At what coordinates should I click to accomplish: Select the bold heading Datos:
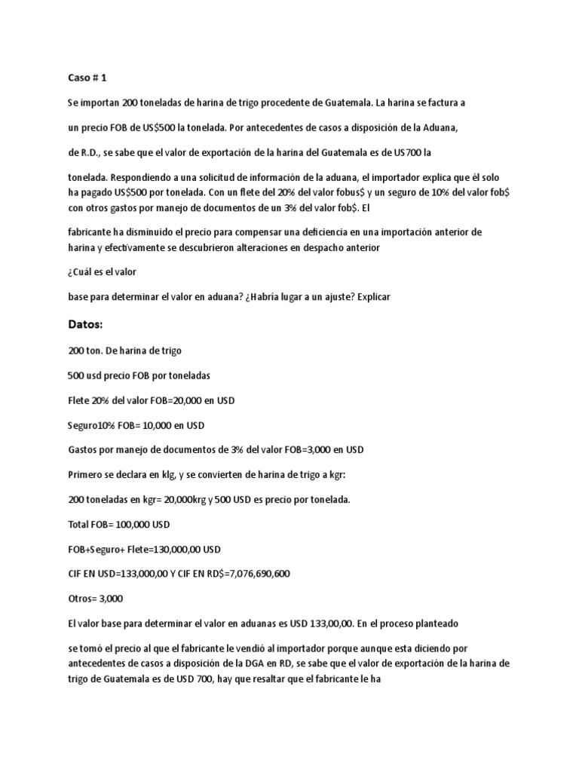85,324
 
